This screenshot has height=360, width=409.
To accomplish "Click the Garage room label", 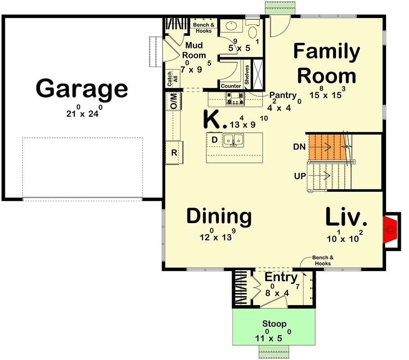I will click(x=82, y=88).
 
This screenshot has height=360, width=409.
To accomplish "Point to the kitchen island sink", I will click(x=234, y=139).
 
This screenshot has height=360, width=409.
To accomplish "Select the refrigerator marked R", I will click(x=174, y=152).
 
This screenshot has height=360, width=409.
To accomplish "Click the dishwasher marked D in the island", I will click(x=214, y=140).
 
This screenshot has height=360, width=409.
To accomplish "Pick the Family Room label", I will click(x=327, y=64).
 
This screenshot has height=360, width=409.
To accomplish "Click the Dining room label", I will click(x=219, y=216).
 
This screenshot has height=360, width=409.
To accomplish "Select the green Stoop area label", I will click(x=274, y=324).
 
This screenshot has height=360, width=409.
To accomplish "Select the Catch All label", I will click(x=170, y=80).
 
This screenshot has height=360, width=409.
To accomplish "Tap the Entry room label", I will click(x=281, y=277).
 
